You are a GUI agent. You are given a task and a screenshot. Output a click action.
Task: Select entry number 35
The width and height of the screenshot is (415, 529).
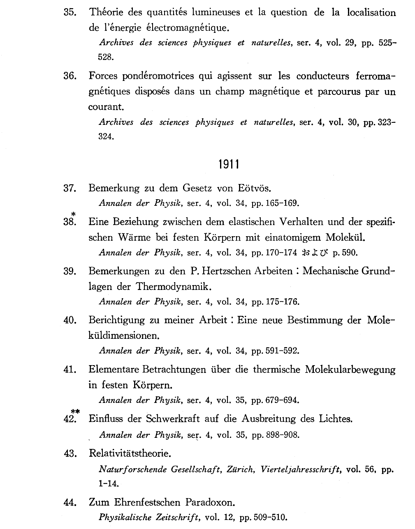(x=70, y=12)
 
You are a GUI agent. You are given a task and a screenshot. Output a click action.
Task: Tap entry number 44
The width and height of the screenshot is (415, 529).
(x=70, y=502)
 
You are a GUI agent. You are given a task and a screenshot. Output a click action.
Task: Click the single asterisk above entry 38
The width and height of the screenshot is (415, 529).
(x=73, y=214)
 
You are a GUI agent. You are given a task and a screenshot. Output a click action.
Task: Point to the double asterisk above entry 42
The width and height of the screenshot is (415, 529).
(x=75, y=411)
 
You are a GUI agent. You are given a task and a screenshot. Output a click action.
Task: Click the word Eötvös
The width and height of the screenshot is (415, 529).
(x=255, y=189)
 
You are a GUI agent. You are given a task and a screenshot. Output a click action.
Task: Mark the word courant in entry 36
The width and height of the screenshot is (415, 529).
(x=106, y=107)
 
